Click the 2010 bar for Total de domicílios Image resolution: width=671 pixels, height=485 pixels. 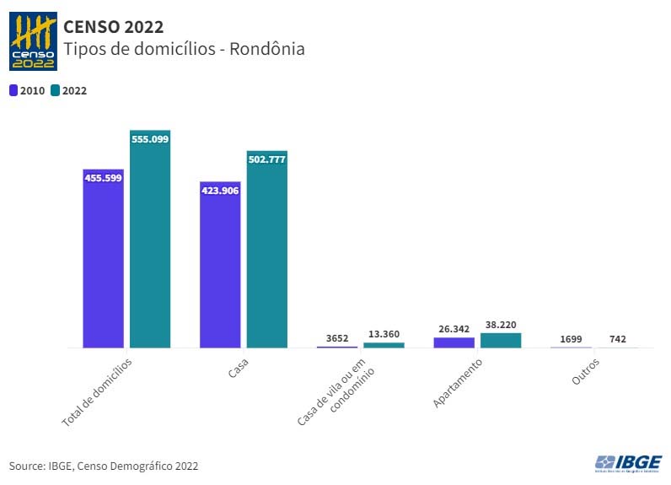(103, 258)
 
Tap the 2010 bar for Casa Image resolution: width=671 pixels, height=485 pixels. (220, 265)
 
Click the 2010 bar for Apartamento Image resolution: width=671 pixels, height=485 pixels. (454, 342)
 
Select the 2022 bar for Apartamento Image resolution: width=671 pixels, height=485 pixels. (501, 340)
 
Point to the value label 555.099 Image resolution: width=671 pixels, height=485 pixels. (150, 139)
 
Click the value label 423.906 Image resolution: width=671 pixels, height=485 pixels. (220, 191)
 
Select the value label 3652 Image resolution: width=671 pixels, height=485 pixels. (337, 338)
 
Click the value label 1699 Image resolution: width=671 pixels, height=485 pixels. (571, 339)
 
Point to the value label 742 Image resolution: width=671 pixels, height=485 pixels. (618, 339)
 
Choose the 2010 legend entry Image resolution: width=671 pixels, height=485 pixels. (27, 90)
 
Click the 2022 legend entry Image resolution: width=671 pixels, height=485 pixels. (69, 90)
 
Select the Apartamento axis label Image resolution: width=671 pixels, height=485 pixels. (458, 384)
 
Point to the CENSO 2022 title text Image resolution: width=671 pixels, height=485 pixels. (114, 29)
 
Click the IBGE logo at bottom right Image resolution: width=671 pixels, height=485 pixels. (628, 462)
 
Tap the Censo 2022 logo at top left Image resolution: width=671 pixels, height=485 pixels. (33, 41)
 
